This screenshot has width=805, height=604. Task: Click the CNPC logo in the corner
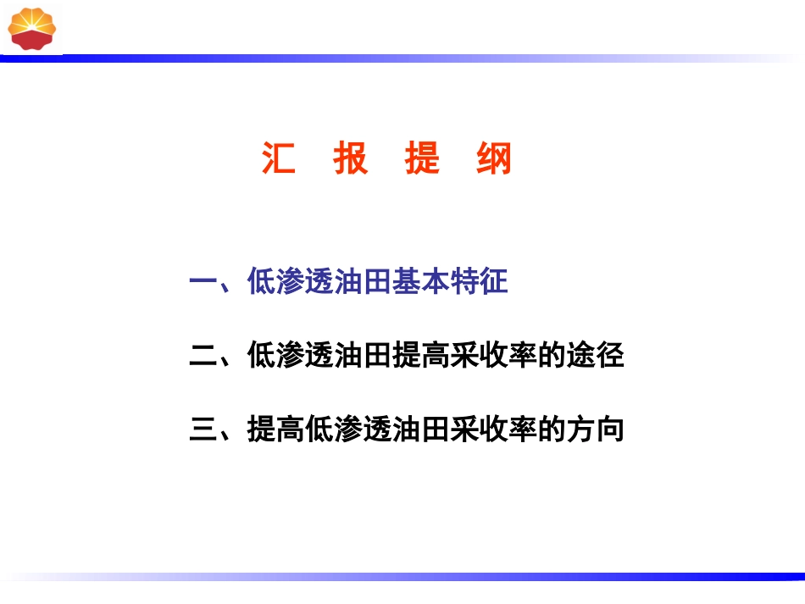[32, 27]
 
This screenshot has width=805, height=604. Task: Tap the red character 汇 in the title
[279, 158]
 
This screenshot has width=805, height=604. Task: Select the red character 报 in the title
[350, 158]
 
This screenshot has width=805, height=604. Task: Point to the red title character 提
[422, 158]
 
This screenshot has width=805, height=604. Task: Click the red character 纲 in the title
[494, 158]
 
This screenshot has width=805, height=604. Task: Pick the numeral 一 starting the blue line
[203, 282]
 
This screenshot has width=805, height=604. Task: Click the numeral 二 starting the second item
[203, 356]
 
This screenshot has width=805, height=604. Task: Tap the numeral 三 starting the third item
[203, 429]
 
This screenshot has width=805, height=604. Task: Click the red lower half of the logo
[32, 38]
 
